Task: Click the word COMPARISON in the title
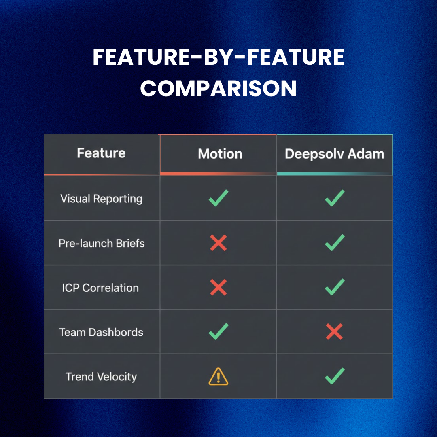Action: (x=218, y=88)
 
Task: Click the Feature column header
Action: (x=101, y=153)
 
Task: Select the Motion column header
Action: (x=220, y=154)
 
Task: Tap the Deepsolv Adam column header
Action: (x=334, y=154)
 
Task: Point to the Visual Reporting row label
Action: (x=101, y=199)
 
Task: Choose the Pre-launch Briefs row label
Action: (x=102, y=243)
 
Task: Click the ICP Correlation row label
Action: (x=100, y=288)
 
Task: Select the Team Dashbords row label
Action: (x=101, y=332)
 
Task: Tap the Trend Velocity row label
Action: (x=101, y=377)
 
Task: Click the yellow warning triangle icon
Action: (x=218, y=377)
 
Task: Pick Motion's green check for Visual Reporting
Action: (x=218, y=198)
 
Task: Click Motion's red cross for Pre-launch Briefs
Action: (x=218, y=243)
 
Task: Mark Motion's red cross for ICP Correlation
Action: (x=218, y=288)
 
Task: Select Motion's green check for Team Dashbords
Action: (x=218, y=331)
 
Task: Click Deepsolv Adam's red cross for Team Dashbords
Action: (x=334, y=332)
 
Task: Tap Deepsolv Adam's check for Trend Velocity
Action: (x=335, y=376)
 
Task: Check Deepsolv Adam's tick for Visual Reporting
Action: (x=335, y=198)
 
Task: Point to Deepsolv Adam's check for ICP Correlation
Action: (x=335, y=287)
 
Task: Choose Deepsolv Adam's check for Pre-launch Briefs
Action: (x=335, y=242)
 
